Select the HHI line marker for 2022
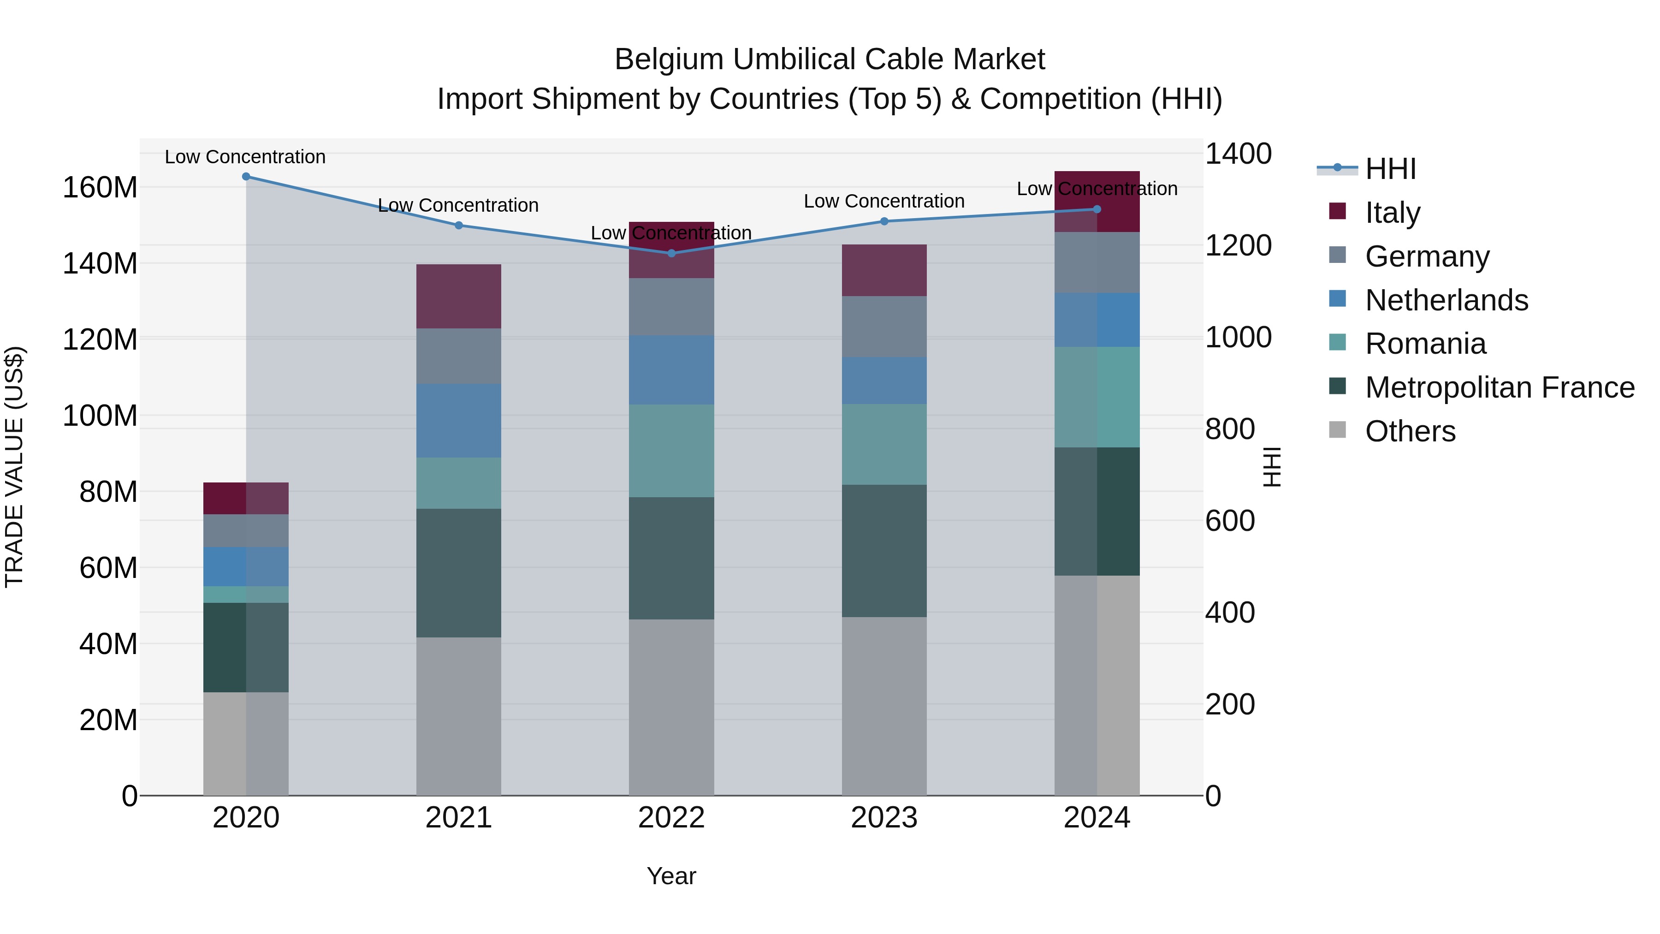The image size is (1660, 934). click(671, 253)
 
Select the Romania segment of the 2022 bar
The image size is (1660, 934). click(671, 451)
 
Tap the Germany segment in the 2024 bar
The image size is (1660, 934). click(1097, 262)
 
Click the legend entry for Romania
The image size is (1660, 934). click(1425, 344)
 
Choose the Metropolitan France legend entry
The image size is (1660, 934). click(1499, 387)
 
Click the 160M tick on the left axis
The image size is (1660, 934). click(100, 188)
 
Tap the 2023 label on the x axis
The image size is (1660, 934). click(884, 818)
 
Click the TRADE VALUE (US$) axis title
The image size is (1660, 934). click(14, 467)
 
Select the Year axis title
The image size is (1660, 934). click(671, 876)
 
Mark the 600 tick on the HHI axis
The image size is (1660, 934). click(1229, 521)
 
